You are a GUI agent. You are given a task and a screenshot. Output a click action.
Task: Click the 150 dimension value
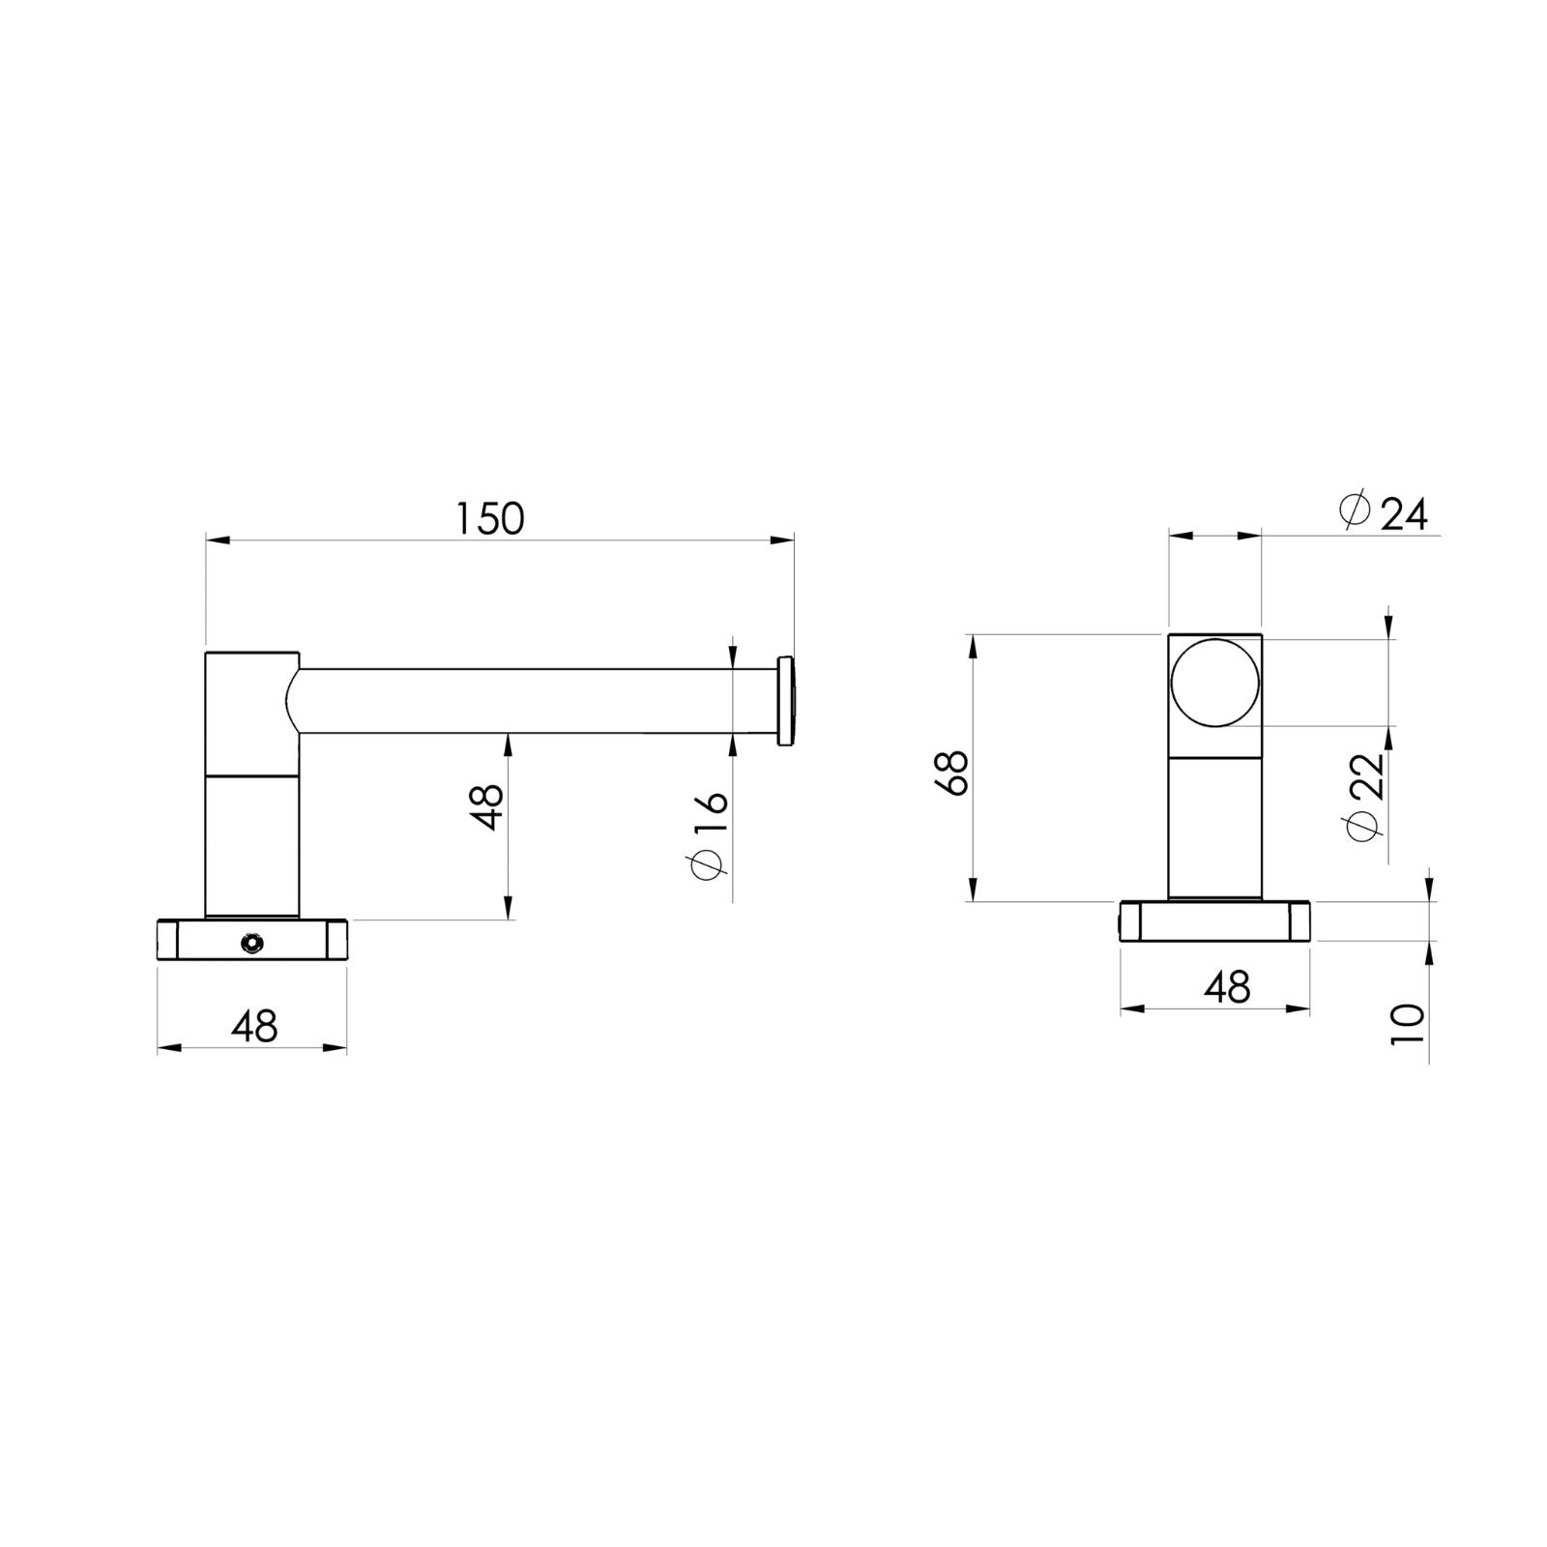[x=490, y=519]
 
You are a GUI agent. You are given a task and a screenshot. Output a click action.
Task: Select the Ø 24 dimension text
[x=1385, y=513]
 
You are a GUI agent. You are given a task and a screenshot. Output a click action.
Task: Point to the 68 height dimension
[x=953, y=773]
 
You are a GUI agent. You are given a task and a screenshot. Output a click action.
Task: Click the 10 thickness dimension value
[x=1409, y=1022]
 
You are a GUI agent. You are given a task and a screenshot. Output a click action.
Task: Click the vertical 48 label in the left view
[x=488, y=807]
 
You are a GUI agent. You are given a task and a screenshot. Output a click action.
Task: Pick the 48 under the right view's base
[x=1227, y=986]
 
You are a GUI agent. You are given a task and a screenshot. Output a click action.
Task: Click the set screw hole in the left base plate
[x=252, y=942]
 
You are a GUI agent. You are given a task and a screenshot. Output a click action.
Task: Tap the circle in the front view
[x=1215, y=683]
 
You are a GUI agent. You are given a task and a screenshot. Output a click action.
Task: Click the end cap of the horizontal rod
[x=786, y=701]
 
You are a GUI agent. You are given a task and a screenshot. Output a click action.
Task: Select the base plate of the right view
[x=1215, y=920]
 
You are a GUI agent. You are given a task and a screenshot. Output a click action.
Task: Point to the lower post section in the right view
[x=1215, y=827]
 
